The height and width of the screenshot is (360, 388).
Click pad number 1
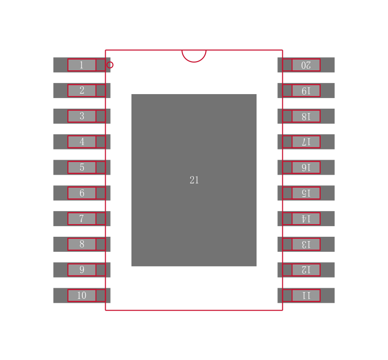(81, 65)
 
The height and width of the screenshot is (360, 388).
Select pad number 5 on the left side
(81, 167)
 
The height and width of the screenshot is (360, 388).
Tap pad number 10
(81, 295)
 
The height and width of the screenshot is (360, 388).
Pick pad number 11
(306, 295)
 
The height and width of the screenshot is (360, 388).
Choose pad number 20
(306, 65)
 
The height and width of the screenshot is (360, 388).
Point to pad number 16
(306, 167)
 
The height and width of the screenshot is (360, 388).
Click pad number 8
(81, 244)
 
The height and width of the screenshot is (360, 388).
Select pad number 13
(306, 244)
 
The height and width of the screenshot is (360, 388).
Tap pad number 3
(81, 116)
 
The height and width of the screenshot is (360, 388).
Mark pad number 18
(306, 116)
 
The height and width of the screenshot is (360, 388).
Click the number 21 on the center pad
(194, 180)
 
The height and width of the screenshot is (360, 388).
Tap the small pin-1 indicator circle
(110, 65)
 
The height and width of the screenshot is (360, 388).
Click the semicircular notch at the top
(194, 55)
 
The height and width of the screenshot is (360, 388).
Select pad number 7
(81, 219)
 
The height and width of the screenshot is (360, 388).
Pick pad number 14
(306, 219)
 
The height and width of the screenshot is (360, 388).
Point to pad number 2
(81, 90)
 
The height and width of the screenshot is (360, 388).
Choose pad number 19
(306, 90)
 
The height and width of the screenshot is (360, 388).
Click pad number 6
(81, 193)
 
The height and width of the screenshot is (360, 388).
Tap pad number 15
(306, 193)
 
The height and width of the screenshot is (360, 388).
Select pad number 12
(306, 270)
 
